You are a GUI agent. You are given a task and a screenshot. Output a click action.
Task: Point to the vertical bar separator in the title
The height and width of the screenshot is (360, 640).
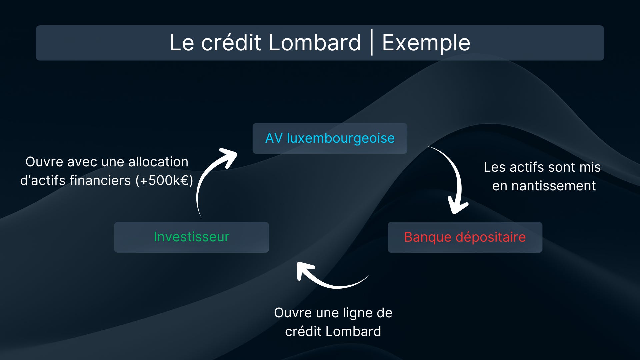[371, 43]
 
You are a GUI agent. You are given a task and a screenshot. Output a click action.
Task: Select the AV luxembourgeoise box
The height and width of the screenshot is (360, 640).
[330, 138]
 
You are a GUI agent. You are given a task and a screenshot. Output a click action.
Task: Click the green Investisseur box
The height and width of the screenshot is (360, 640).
[191, 237]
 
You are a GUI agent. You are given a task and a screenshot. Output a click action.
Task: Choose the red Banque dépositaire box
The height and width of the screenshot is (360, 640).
[465, 237]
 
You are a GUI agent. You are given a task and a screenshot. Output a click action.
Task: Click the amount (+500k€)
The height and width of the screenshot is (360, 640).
[164, 180]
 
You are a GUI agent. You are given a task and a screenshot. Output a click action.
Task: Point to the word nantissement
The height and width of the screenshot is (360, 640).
[553, 186]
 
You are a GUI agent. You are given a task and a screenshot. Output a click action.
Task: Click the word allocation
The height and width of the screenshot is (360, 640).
[158, 162]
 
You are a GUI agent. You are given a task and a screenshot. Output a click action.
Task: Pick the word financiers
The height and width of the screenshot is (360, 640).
[100, 180]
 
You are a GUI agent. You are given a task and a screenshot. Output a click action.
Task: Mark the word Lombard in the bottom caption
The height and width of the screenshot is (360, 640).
[353, 331]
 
